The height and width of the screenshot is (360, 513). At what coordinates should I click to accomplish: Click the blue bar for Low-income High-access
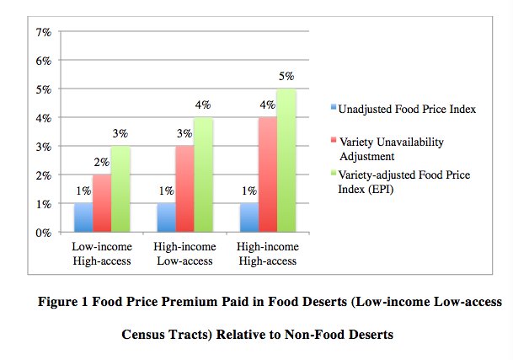tap(83, 218)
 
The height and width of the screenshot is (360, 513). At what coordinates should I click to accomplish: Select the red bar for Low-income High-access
tap(102, 203)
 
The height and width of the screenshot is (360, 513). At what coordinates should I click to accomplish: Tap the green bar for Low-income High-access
tap(120, 189)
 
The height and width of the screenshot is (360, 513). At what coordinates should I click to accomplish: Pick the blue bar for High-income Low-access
tap(167, 218)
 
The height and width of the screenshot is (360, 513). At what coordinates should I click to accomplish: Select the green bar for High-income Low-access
tap(203, 175)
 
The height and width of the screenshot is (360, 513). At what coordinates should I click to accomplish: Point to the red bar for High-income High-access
tap(268, 175)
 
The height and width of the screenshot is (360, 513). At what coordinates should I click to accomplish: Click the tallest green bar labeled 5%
tap(286, 160)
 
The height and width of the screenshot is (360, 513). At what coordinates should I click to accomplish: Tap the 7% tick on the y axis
tap(42, 32)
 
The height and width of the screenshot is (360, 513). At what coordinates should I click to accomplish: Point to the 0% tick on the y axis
tap(42, 232)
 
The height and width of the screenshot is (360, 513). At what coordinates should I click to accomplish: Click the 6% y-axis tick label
tap(42, 61)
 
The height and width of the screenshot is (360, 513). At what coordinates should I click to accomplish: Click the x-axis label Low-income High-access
tap(102, 255)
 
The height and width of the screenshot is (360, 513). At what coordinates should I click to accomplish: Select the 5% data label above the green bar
tap(286, 77)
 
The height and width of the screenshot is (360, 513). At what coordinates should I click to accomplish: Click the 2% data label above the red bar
tap(102, 163)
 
